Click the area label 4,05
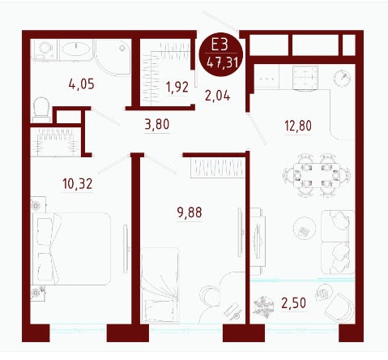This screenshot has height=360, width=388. (82, 84)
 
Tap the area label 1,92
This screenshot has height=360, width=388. (177, 87)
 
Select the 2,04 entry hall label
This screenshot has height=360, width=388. (218, 96)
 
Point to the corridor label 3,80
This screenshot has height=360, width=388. (157, 124)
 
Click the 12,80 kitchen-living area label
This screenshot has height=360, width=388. (298, 126)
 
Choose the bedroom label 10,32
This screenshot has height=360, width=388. (78, 184)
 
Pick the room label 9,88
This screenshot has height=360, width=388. (190, 212)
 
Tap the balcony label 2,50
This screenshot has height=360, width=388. (293, 302)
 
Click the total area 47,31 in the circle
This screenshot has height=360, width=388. (222, 63)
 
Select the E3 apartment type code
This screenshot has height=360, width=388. (220, 45)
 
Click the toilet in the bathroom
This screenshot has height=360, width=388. (41, 110)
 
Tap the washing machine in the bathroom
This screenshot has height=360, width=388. (45, 49)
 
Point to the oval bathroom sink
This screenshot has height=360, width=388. (76, 49)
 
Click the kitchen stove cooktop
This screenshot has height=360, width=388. (305, 78)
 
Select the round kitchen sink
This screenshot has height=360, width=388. (342, 78)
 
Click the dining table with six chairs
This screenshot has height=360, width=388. (317, 175)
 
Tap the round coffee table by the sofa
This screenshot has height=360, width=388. (305, 229)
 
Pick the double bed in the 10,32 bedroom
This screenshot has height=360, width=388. (71, 249)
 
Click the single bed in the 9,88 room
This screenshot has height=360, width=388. (160, 285)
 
